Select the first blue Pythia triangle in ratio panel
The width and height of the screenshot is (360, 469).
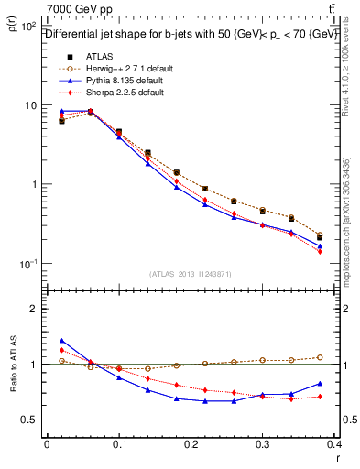pos(61,340)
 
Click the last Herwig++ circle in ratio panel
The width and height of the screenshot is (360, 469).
pos(345,357)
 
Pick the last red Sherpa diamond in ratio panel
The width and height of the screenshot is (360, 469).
pos(345,396)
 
